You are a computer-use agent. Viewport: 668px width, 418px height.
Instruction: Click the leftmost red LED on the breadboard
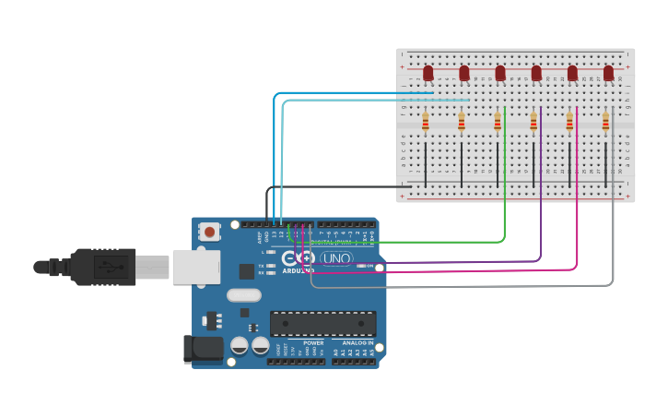tap(428, 72)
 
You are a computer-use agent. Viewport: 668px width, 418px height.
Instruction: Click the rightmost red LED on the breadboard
tap(608, 72)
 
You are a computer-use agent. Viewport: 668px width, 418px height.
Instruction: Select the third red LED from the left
tap(500, 72)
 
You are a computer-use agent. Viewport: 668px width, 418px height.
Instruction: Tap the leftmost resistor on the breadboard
tap(425, 122)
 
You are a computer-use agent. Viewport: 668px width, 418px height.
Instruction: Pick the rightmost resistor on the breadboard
tap(605, 122)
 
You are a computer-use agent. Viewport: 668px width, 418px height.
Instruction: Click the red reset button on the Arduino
tap(210, 233)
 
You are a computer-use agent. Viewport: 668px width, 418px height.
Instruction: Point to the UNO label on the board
tap(336, 258)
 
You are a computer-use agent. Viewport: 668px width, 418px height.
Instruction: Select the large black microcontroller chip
tap(322, 324)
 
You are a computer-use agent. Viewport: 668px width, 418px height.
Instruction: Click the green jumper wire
tap(504, 203)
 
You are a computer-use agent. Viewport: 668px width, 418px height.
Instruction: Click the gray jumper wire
tap(613, 240)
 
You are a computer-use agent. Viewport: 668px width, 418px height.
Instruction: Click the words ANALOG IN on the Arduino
tap(357, 342)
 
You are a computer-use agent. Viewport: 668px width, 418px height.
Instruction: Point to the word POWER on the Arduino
tap(314, 342)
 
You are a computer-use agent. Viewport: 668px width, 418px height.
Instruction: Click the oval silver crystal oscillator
tap(243, 296)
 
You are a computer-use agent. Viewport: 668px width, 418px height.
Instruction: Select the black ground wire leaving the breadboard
tap(313, 187)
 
